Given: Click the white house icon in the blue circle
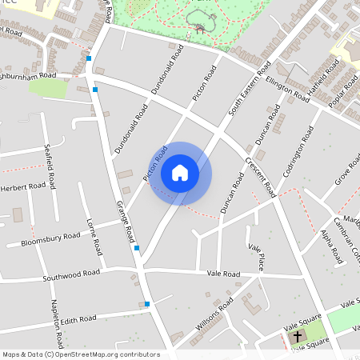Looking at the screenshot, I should [180, 172].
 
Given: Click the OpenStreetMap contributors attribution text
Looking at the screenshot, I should [81, 354].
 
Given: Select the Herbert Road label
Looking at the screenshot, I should [23, 186].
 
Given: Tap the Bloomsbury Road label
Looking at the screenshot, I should [51, 238].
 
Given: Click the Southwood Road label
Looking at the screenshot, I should [73, 275].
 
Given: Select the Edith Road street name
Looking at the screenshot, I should [78, 319].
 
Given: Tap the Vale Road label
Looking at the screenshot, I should [223, 274].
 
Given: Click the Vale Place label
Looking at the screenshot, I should [256, 258].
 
